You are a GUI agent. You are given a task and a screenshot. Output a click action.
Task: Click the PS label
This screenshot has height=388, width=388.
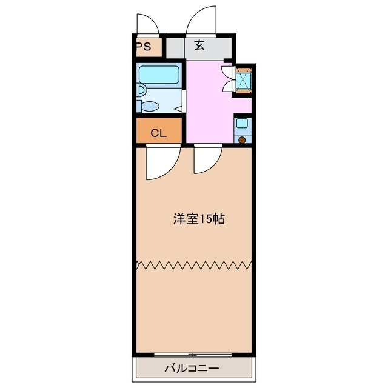pos(144,47)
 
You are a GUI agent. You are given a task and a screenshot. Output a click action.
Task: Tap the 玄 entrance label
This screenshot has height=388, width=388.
pos(199,45)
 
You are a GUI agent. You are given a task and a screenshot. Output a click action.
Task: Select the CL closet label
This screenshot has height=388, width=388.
pos(159,133)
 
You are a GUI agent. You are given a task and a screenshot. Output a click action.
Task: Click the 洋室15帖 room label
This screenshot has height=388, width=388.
pos(199,219)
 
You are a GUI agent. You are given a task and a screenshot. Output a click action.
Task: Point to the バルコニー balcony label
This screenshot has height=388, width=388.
pos(192,369)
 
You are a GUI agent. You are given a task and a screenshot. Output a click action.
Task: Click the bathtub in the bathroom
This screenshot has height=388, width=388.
pos(159,75)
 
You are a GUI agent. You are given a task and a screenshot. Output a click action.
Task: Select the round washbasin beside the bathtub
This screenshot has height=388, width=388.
pos(141,90)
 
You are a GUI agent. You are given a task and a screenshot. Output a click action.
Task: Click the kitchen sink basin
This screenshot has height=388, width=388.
pos(242,123)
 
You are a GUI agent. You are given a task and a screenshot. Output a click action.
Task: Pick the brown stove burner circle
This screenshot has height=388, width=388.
pos(242,140)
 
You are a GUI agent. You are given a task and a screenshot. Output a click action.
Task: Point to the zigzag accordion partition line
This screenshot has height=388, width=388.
pos(194,265)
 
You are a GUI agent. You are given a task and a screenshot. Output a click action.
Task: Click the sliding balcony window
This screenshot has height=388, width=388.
pos(193,355)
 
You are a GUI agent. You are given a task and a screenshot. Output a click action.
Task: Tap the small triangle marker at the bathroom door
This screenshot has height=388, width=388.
pos(179,109)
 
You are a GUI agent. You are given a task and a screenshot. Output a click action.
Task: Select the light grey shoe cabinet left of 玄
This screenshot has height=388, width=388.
pos(175,48)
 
